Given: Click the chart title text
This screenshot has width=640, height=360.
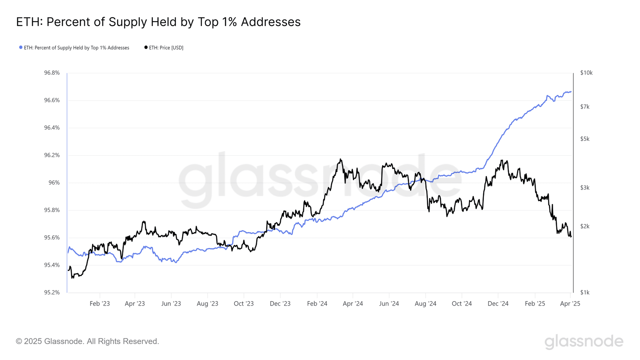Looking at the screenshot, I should point(158,22).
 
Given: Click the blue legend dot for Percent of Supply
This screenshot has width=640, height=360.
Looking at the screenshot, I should point(21,48).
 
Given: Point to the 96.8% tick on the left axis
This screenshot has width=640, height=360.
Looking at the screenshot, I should point(52,73).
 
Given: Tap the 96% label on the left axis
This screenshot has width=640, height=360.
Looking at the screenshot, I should point(54,183).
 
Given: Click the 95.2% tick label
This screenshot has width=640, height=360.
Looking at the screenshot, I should point(52,292).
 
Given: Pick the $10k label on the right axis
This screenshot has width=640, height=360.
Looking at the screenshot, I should point(586,73).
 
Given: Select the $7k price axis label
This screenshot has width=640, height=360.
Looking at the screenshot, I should point(585,107).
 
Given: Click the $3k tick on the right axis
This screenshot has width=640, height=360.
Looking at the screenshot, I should point(585,188).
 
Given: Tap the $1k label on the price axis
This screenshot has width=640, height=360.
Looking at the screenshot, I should point(585,292).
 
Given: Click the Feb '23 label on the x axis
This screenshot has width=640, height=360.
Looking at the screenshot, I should point(100,304).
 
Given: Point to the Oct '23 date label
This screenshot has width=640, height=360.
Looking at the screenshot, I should point(244,304).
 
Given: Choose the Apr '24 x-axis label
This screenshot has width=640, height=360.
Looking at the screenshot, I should point(353,304).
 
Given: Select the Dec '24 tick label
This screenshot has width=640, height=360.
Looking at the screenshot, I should point(498,304).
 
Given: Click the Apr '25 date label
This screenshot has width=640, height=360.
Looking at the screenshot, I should point(570,304).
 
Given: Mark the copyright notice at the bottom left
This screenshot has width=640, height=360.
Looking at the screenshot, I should point(87,341).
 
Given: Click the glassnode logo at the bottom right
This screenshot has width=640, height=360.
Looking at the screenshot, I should point(584,341).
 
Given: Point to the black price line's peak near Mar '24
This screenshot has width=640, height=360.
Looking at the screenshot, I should point(341,159).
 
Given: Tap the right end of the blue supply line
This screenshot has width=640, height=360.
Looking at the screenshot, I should point(571,92).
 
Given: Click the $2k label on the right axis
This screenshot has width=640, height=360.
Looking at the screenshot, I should point(585,226).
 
